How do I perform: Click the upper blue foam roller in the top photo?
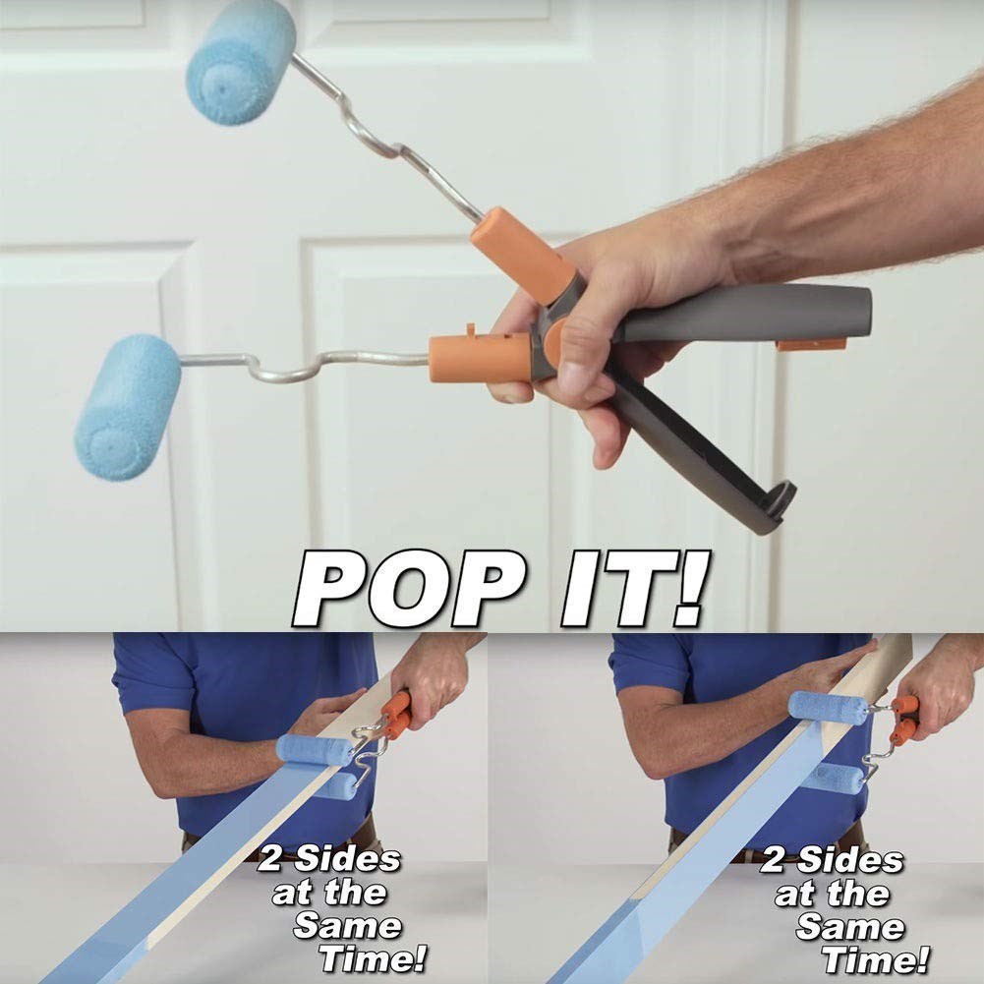241,61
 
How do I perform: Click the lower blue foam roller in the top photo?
128,407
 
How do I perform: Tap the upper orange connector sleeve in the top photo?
522,256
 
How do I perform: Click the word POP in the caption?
409,588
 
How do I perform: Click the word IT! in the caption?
635,588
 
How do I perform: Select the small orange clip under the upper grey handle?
811,344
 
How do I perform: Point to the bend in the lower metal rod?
285,369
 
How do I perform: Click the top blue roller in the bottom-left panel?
315,750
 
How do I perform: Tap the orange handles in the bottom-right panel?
904,720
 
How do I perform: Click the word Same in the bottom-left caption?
347,926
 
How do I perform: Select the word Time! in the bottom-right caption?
876,960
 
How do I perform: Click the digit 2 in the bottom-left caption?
270,857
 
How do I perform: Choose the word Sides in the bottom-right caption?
849,859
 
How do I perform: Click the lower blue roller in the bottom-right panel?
836,779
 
